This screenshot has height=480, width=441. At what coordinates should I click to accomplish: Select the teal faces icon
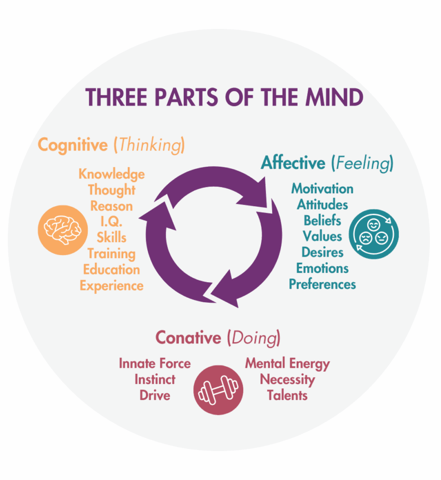pos(374,233)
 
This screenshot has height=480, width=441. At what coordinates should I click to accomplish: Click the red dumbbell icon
pos(218,390)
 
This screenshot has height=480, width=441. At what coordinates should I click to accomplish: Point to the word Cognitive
pos(72,145)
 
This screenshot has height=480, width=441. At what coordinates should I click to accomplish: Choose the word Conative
pos(188,338)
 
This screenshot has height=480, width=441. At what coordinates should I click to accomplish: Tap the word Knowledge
pos(112,174)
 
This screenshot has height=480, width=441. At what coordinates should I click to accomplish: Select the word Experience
pos(112,286)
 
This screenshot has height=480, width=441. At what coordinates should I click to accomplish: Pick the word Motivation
pos(322,188)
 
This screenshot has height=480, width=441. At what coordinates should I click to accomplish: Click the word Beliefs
pos(322,221)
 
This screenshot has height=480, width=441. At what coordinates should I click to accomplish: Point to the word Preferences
pos(322,284)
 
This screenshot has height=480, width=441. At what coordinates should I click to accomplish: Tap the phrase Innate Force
pos(154,364)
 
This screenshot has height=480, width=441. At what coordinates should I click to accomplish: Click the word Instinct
pos(154,380)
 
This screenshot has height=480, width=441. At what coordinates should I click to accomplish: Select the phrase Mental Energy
pos(287,364)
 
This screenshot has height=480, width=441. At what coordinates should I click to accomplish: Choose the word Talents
pos(287,396)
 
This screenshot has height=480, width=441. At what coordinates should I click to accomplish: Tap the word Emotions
pos(322,268)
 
